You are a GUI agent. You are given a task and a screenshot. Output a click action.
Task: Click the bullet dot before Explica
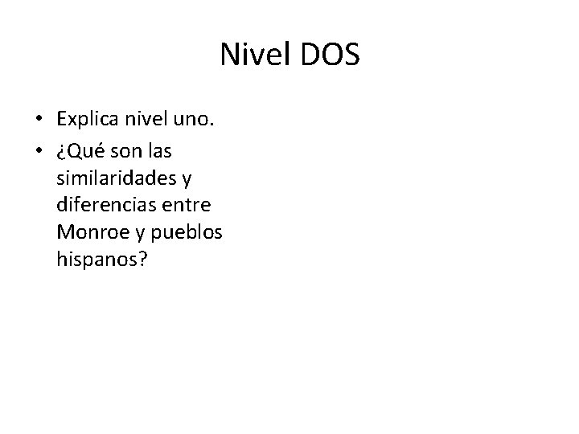pos(39,121)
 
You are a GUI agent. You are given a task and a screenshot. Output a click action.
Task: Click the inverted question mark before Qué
pos(61,151)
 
